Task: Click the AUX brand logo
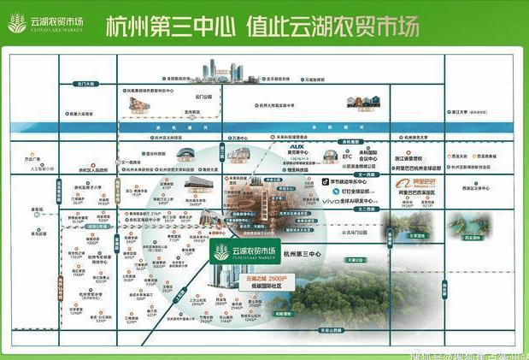(297, 147)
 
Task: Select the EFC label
(347, 157)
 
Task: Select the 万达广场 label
(33, 159)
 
